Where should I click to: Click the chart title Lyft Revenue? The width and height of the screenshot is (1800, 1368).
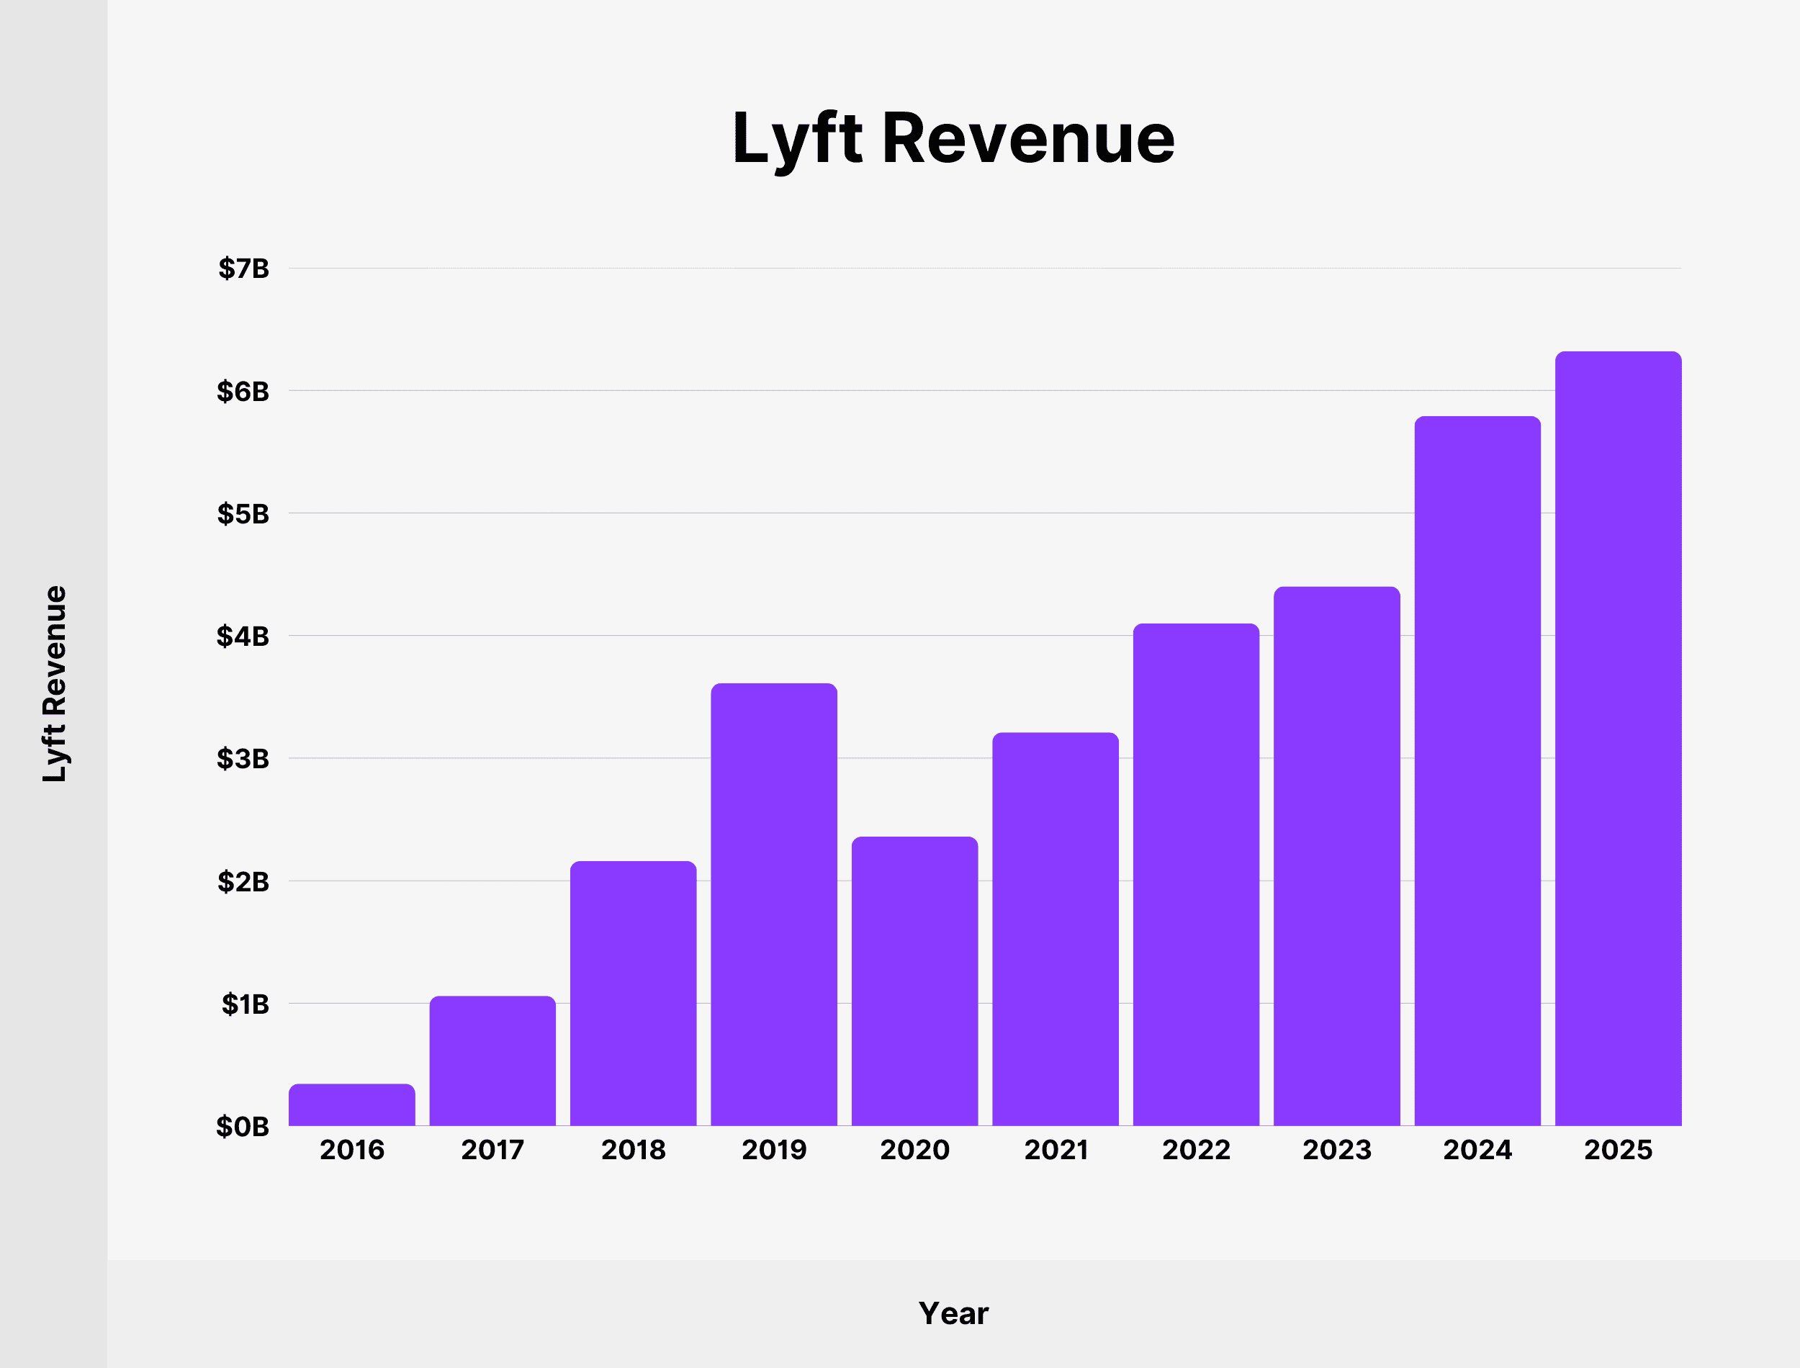953,138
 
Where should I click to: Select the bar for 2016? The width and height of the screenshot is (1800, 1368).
351,1105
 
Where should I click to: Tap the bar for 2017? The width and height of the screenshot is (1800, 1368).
492,1061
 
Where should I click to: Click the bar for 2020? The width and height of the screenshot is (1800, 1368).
914,981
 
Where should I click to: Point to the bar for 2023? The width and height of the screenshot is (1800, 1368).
1337,856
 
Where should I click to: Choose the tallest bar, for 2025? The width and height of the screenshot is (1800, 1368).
1618,739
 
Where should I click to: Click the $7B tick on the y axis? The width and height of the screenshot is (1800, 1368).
243,269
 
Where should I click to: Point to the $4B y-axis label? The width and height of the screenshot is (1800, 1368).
243,636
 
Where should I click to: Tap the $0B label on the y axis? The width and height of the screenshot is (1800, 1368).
243,1126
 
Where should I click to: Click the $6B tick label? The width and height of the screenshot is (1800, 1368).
243,392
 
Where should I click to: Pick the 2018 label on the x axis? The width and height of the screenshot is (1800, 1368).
634,1150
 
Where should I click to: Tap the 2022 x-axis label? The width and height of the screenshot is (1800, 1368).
1196,1150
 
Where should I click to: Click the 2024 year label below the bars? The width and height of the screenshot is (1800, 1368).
1477,1150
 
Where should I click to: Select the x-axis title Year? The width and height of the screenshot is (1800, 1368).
953,1313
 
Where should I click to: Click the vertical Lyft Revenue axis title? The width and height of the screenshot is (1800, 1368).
55,684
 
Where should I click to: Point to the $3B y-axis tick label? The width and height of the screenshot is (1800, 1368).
243,759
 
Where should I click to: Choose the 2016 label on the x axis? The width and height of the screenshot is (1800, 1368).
351,1150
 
